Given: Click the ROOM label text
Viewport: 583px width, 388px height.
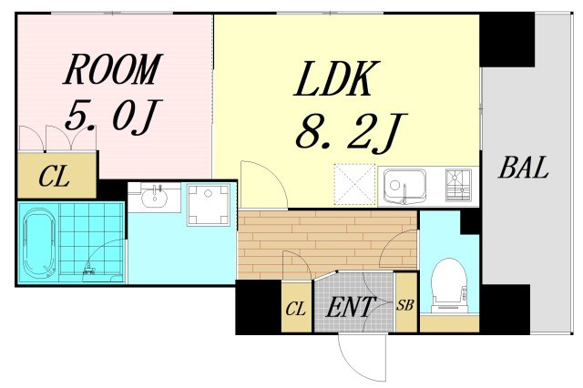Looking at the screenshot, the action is point(112,69).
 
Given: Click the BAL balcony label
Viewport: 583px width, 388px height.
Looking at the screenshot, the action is point(524,168).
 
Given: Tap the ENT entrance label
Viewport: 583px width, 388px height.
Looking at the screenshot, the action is point(350,307).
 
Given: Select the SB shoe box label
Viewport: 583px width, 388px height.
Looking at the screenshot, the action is point(404,305).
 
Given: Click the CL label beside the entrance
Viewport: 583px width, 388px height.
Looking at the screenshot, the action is point(296,309).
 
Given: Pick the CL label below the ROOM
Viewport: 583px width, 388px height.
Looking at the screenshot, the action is point(55,176).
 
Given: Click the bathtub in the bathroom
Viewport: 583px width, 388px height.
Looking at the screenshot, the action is point(37,242).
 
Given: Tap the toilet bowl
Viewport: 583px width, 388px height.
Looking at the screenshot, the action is point(448,283).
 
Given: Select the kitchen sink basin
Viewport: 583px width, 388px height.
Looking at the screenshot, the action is point(404,186).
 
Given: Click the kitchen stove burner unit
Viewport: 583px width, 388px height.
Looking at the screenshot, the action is point(458,185).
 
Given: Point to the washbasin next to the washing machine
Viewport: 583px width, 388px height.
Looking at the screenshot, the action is point(154,196).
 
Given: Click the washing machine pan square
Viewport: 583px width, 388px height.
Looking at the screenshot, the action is point(209,205).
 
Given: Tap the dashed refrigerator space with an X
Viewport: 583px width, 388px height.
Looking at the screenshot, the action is point(355,184).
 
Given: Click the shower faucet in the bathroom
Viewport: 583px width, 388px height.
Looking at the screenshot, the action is point(89,269).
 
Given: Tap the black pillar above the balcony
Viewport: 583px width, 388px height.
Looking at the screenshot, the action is point(507,39).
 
